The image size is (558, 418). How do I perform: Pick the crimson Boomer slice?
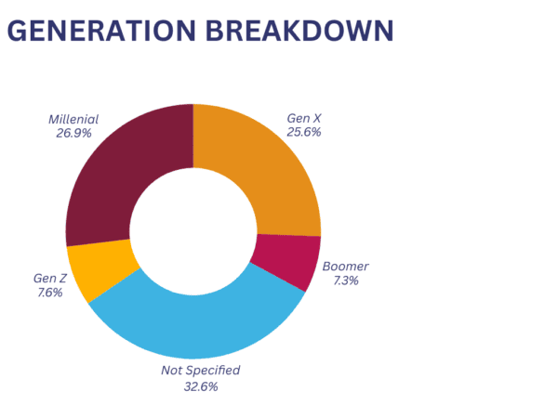(x=286, y=260)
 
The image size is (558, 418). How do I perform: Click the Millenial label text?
(x=73, y=119)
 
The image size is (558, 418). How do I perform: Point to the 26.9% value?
(x=73, y=134)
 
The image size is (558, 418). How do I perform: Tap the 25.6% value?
(x=304, y=132)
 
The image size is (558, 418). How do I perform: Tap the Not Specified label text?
(x=200, y=371)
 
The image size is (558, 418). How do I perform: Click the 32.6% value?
(x=200, y=386)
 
